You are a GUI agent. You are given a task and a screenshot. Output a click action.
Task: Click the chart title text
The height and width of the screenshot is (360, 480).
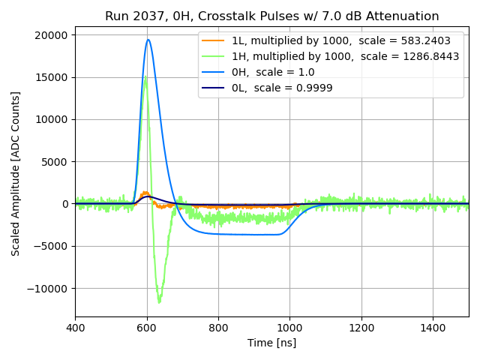271,16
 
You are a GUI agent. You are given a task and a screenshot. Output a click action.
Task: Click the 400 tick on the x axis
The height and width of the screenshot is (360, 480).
75,328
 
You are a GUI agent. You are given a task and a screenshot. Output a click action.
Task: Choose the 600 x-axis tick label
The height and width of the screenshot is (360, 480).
147,328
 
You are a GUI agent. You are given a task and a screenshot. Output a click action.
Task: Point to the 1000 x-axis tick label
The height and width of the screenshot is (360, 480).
289,328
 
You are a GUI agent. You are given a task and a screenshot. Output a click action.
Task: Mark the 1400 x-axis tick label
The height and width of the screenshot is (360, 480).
433,328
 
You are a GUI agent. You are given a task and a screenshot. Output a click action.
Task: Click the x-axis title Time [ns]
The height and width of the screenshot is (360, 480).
271,343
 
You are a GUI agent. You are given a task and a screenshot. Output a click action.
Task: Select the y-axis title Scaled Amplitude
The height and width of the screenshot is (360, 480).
16,173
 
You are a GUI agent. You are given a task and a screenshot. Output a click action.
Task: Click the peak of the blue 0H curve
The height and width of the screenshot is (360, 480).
148,40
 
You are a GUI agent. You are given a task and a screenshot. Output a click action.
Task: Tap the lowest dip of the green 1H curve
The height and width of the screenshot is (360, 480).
159,302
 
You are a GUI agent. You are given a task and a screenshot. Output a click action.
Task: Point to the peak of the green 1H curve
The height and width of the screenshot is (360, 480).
146,76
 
